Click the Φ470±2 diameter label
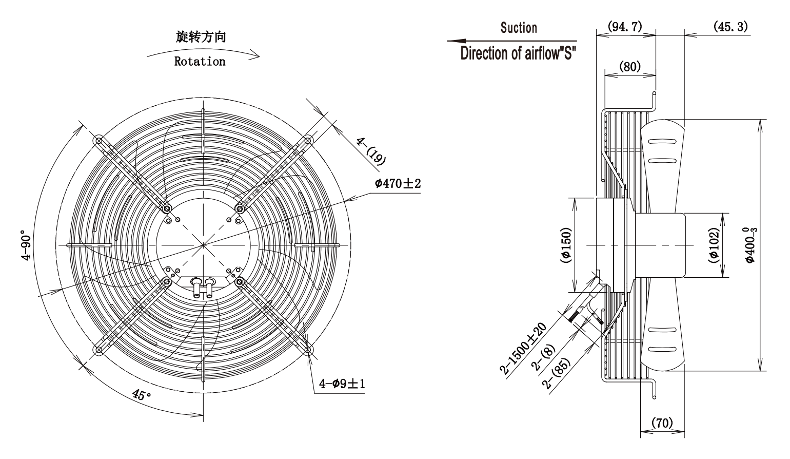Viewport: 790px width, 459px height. (x=398, y=184)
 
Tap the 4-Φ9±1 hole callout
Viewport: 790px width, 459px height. (x=342, y=384)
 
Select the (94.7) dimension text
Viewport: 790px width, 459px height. (x=625, y=27)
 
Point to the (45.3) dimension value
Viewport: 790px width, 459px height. (x=730, y=27)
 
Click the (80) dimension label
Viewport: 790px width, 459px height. (x=630, y=66)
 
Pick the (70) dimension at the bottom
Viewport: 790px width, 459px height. (x=662, y=423)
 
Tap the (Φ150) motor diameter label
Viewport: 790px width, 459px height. (x=566, y=245)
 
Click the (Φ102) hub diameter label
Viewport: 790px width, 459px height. (x=714, y=245)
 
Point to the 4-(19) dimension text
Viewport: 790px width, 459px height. (x=371, y=151)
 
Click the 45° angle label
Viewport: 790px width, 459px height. (x=142, y=395)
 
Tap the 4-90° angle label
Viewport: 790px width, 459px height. (x=26, y=245)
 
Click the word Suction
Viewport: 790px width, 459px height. (x=519, y=28)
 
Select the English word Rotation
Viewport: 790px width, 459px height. (x=200, y=62)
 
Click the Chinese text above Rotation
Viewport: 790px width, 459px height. (x=201, y=37)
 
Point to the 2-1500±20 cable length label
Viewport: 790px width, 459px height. (x=523, y=349)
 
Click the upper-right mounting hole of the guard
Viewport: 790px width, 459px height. (x=308, y=141)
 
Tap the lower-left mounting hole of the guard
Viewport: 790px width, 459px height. (x=98, y=350)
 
